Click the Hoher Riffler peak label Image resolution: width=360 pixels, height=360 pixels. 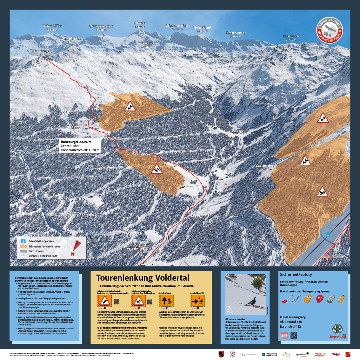pyautogui.click(x=52, y=26)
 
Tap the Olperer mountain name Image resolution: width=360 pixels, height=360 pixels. pyautogui.click(x=140, y=23)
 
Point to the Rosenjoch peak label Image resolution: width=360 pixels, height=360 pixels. pyautogui.click(x=291, y=36)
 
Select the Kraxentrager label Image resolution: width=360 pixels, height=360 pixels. pyautogui.click(x=236, y=33)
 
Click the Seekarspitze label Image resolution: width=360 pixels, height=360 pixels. pyautogui.click(x=147, y=43)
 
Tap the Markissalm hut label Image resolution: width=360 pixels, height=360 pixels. pyautogui.click(x=78, y=125)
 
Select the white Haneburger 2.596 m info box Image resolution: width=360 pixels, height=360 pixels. pyautogui.click(x=80, y=146)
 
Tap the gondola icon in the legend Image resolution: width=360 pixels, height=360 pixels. pyautogui.click(x=23, y=241)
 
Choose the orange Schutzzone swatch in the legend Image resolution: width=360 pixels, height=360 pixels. pyautogui.click(x=23, y=246)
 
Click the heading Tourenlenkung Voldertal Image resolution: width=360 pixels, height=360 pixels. pyautogui.click(x=143, y=278)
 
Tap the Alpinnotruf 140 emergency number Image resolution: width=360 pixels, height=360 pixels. pyautogui.click(x=291, y=322)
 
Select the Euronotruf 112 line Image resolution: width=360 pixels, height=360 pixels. pyautogui.click(x=290, y=326)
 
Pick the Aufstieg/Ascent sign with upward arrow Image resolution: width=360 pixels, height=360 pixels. pyautogui.click(x=166, y=301)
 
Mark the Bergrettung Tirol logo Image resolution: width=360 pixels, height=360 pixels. pyautogui.click(x=337, y=331)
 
